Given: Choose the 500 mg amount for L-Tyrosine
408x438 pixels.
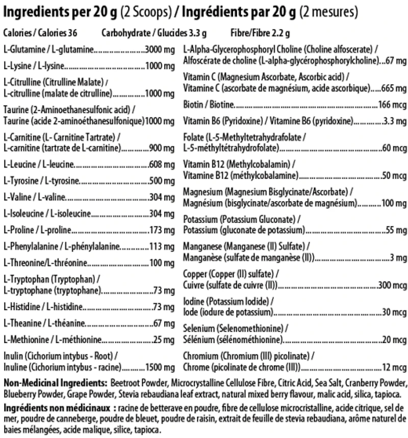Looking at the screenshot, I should [163, 181].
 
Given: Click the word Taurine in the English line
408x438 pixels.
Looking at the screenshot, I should [16, 110].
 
